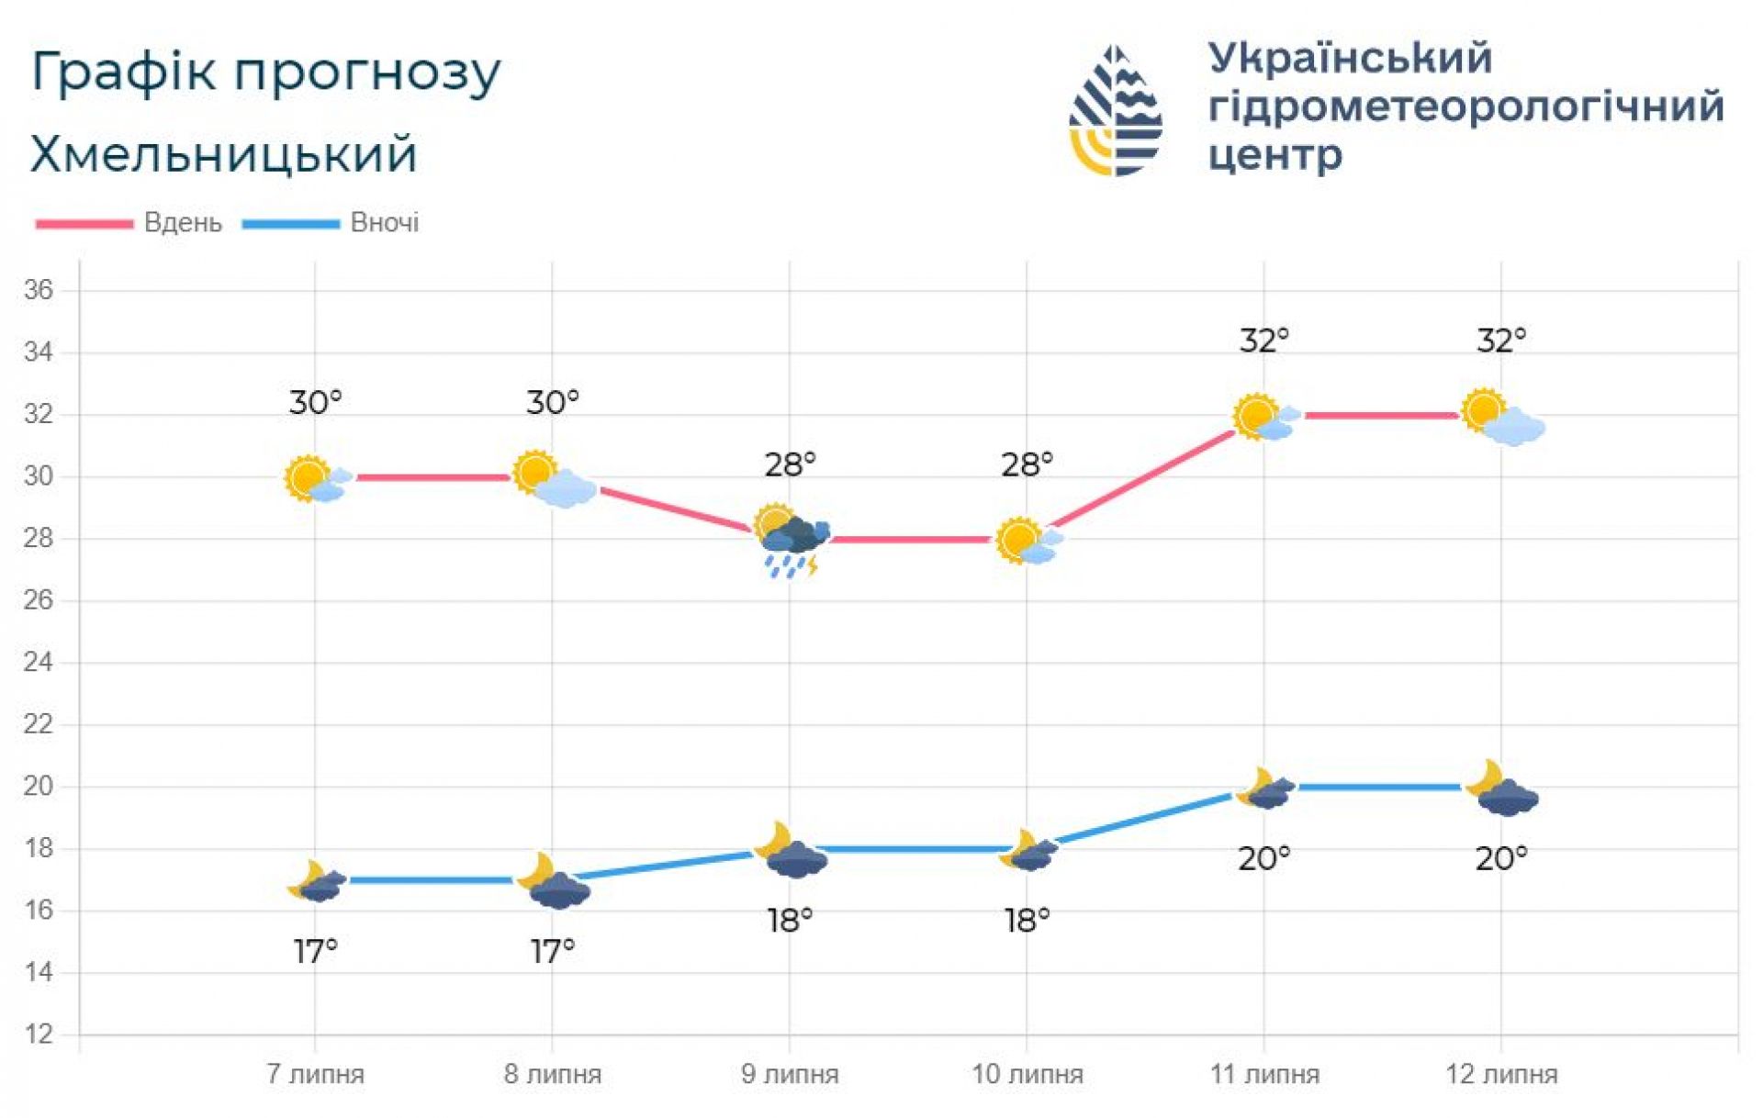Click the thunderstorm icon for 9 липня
[x=792, y=542]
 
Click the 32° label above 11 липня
[x=1264, y=341]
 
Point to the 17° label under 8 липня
[x=553, y=952]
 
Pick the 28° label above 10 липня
[x=1027, y=465]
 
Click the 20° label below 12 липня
[x=1501, y=859]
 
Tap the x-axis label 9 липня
[x=790, y=1074]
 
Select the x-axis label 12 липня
[x=1501, y=1074]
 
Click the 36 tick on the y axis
[x=39, y=290]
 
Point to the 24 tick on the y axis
[x=39, y=662]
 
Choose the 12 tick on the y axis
[x=39, y=1034]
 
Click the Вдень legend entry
[x=183, y=223]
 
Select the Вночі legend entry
[x=385, y=223]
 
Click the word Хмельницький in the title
[x=224, y=154]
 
